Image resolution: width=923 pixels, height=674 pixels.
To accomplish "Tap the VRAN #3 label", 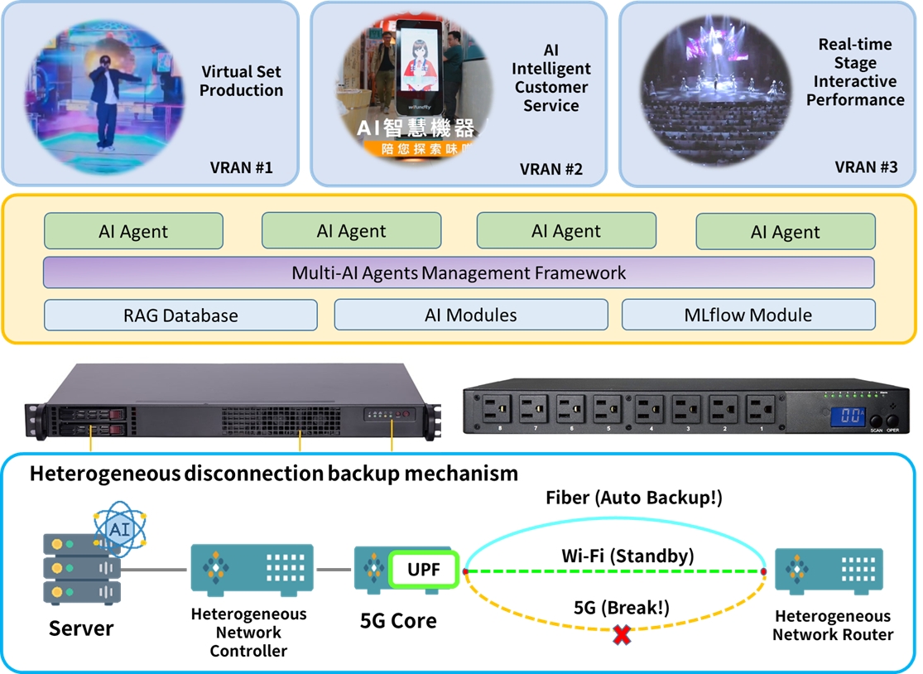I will tap(866, 167).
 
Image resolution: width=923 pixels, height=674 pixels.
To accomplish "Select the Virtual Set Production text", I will tap(241, 81).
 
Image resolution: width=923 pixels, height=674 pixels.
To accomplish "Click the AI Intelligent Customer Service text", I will tap(550, 78).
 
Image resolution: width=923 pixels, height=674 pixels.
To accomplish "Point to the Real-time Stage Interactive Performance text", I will tap(855, 72).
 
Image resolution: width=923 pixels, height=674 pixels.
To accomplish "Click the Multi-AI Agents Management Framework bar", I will tap(459, 272).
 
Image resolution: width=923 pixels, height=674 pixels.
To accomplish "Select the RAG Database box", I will tap(180, 315).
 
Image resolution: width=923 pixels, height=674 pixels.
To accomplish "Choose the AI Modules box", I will tap(470, 315).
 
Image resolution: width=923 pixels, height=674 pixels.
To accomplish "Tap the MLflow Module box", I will tap(748, 315).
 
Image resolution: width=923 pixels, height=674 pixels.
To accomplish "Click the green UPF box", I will tap(424, 570).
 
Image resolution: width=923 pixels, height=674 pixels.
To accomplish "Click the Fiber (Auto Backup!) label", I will tap(634, 498).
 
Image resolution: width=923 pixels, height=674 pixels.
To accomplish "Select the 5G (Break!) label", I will tap(621, 608).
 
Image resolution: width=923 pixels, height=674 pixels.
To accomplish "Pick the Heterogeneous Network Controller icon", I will tap(252, 569).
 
